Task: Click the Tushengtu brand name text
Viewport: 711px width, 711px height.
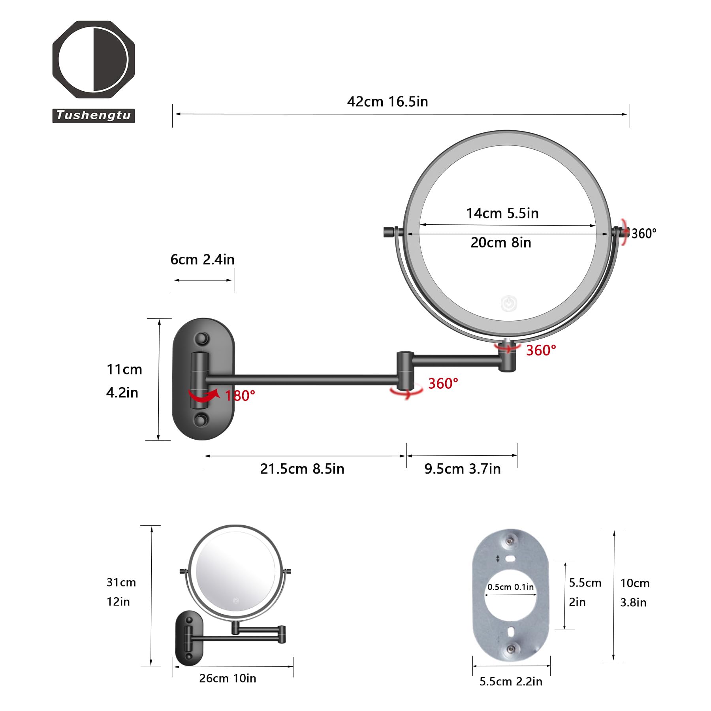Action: [94, 115]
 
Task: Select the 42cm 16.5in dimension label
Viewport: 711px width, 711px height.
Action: [387, 102]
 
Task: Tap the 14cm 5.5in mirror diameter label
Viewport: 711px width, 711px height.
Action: [502, 214]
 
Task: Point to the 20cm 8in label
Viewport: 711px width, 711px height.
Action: [500, 243]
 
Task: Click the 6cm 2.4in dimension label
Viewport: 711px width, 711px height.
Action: [202, 260]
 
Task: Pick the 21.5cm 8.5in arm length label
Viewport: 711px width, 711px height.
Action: [302, 469]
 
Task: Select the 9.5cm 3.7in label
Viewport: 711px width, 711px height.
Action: [462, 469]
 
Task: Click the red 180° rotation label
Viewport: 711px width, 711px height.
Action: [240, 396]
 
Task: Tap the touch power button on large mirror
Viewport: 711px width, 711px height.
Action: [509, 303]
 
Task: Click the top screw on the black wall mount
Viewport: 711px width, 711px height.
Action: [202, 339]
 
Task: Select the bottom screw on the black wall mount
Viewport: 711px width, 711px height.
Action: [201, 419]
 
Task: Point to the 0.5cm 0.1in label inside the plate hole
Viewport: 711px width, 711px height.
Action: [510, 587]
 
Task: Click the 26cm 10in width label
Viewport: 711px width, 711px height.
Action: [228, 678]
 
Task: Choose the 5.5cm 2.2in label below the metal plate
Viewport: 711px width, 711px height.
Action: [511, 681]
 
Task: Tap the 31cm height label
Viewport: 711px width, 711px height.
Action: [121, 582]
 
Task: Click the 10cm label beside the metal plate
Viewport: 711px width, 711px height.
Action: [634, 583]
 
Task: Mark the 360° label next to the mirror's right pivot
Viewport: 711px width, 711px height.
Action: [643, 234]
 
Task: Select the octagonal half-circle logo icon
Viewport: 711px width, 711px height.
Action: [94, 59]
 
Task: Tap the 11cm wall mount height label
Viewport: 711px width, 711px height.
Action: [124, 369]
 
